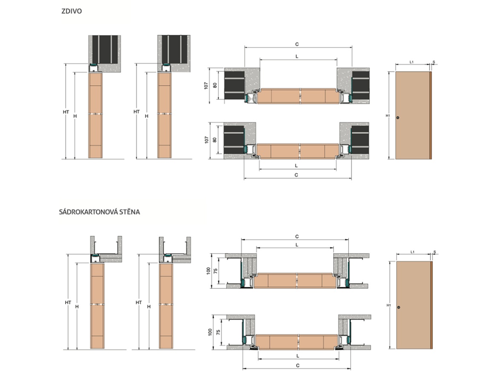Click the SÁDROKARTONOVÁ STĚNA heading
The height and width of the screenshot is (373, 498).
coord(100,211)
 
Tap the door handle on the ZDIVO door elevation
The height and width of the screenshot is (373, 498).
coord(398,117)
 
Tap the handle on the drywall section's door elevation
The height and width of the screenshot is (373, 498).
coord(398,307)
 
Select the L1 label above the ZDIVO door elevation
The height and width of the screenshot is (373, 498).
coord(412,62)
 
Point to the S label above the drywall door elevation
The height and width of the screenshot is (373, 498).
coord(434,252)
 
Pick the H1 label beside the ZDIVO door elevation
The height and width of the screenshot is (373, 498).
coord(388,116)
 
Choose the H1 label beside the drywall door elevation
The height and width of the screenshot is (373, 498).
coord(388,305)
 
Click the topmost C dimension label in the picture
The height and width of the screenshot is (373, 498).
coord(296,44)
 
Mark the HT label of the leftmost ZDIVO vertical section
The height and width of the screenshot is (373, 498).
coord(66,112)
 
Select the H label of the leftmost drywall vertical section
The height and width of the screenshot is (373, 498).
coord(77,306)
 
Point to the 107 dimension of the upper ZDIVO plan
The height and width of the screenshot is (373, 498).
coord(206,85)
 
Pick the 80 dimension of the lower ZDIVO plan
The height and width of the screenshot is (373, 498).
coord(215,139)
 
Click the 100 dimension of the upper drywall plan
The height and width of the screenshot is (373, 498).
coord(208,271)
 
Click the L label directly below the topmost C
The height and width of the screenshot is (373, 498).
coord(296,56)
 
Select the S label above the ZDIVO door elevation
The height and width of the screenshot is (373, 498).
coord(434,62)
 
